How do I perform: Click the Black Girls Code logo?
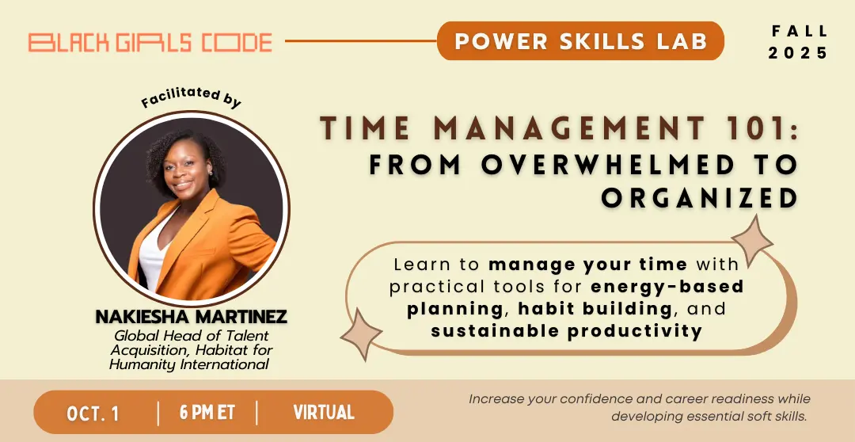tap(150, 43)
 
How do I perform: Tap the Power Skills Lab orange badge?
tap(580, 41)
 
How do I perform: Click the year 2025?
tap(798, 53)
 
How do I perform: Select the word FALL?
tap(800, 31)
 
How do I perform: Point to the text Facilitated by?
tap(191, 97)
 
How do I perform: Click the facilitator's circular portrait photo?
tap(192, 209)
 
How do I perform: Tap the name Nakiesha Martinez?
tap(191, 317)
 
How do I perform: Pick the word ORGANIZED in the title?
tap(700, 198)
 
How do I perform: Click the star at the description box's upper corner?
tap(752, 240)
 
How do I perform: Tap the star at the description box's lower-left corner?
tap(361, 334)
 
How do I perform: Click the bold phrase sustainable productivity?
tap(567, 330)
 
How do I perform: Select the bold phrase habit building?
tap(595, 309)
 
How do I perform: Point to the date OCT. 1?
tap(93, 413)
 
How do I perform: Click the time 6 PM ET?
tap(207, 413)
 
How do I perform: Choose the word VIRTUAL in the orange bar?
tap(324, 413)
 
